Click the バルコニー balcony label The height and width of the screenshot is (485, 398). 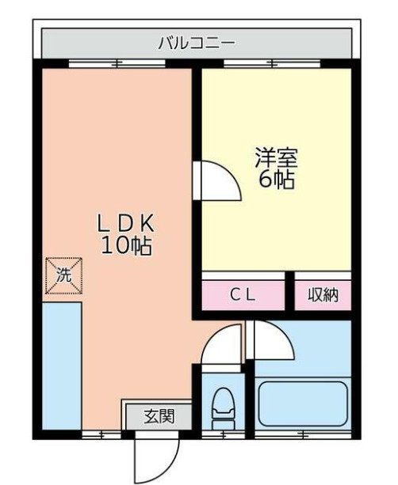point(195,42)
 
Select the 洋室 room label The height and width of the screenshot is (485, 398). point(275,157)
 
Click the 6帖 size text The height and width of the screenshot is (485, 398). point(275,180)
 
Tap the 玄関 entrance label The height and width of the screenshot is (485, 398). point(157,414)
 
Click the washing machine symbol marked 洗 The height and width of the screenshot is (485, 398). point(63,275)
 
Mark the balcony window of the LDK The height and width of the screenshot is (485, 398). point(117,64)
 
